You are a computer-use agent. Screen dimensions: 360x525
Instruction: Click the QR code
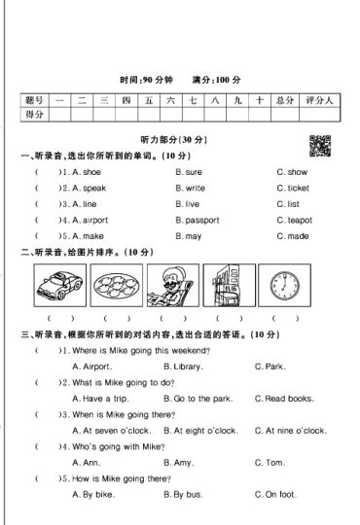click(x=317, y=144)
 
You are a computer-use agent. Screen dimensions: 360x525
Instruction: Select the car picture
click(x=59, y=285)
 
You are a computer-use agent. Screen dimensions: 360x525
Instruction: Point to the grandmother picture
click(x=173, y=285)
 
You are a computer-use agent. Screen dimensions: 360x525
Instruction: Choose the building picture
click(x=230, y=285)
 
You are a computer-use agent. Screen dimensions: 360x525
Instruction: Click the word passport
click(x=201, y=221)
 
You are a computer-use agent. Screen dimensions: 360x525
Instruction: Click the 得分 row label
click(x=35, y=115)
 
